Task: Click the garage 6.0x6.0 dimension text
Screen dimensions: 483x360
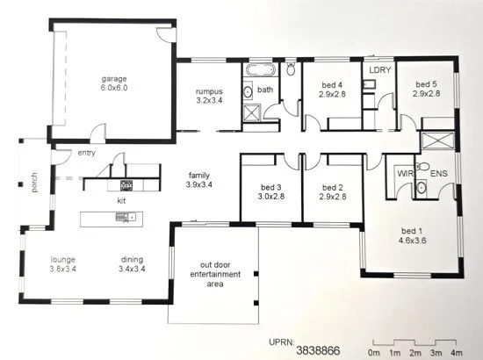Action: coord(114,88)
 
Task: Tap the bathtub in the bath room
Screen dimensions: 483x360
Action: coord(260,70)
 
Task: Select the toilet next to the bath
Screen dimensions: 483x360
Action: coord(291,68)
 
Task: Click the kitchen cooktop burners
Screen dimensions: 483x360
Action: coord(126,185)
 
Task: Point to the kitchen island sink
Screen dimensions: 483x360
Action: coord(126,217)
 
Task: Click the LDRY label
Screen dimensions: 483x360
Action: coord(379,70)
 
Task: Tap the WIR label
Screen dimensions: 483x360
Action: coord(405,173)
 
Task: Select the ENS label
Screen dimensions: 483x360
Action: coord(438,174)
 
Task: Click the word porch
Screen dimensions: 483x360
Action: coord(34,183)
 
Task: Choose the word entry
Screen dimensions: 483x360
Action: coord(87,153)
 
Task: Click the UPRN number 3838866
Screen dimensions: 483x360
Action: coord(318,350)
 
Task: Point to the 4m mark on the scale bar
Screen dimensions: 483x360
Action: coord(456,353)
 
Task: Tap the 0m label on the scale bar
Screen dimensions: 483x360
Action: coord(374,353)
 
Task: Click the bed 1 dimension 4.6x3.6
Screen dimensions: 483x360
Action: coord(412,241)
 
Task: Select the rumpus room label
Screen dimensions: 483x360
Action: coord(209,91)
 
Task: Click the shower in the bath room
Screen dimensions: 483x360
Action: coord(252,112)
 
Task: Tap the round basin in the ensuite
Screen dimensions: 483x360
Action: coord(421,187)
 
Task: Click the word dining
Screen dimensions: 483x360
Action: coord(132,260)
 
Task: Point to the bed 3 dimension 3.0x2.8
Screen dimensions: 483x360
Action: coord(270,197)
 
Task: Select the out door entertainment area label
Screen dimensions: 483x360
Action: coord(215,274)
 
